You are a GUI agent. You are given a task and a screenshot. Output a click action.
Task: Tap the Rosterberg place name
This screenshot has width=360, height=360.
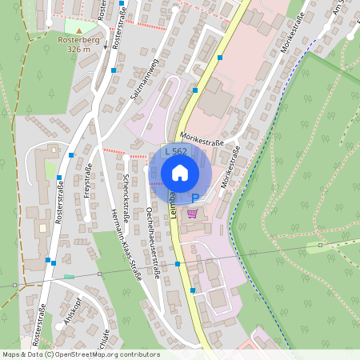78,39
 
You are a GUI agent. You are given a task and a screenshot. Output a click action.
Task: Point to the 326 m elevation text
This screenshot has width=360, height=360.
78,49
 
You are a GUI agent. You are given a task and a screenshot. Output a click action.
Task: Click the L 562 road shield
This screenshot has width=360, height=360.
176,151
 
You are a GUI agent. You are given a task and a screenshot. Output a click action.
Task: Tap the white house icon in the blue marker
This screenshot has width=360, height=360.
180,172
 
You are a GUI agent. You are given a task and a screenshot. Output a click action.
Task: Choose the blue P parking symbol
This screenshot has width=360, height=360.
194,198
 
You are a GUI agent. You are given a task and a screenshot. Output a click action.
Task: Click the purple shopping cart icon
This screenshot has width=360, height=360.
192,214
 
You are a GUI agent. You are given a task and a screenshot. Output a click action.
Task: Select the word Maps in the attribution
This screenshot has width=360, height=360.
12,354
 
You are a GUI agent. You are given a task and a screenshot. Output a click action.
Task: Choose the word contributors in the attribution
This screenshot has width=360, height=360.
139,354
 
